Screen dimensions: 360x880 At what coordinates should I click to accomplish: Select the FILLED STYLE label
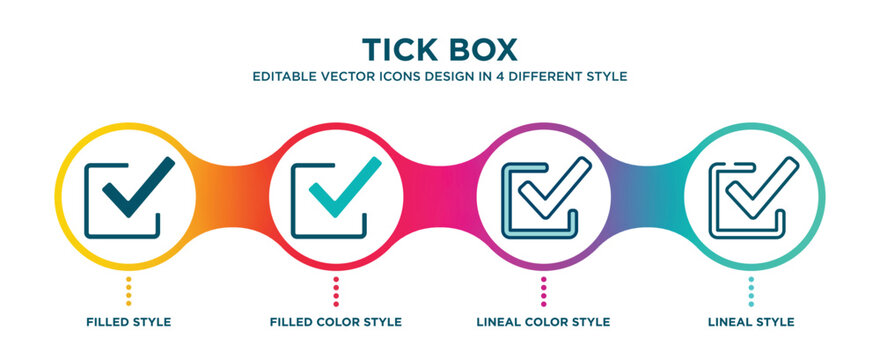(128, 322)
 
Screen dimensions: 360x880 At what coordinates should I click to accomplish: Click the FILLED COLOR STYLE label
(336, 322)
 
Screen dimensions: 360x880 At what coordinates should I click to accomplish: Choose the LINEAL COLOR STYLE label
(544, 322)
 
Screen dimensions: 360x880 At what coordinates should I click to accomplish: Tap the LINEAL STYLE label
(751, 322)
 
